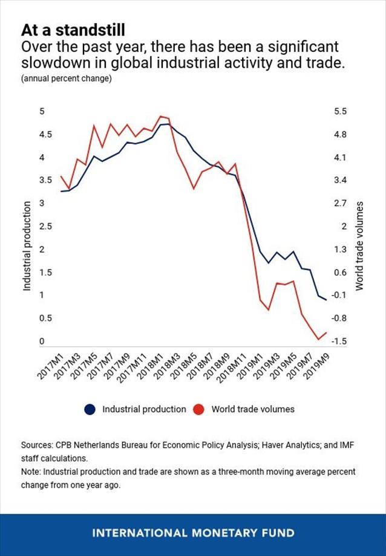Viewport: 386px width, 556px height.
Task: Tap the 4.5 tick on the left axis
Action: pyautogui.click(x=42, y=135)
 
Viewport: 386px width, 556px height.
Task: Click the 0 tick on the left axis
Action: pyautogui.click(x=42, y=341)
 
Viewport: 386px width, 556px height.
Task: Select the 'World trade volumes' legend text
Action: pyautogui.click(x=253, y=410)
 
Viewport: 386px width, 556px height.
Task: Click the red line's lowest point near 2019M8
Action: pyautogui.click(x=318, y=340)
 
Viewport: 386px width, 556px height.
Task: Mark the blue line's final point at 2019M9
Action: pyautogui.click(x=326, y=300)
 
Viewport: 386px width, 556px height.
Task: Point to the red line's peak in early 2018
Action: pyautogui.click(x=161, y=116)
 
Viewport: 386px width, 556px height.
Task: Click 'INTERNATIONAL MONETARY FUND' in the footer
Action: pyautogui.click(x=193, y=533)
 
